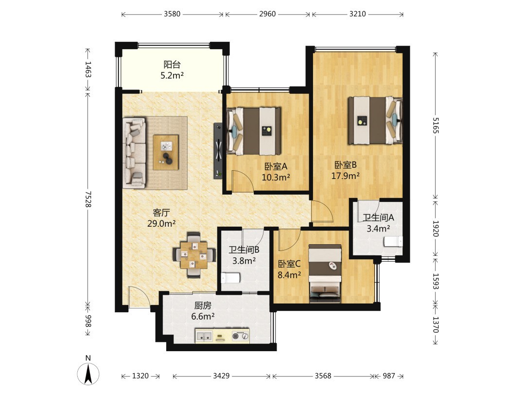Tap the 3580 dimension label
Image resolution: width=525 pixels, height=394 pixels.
click(172, 14)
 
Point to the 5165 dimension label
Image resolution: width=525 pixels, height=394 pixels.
click(435, 125)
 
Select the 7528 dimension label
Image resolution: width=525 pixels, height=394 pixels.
click(87, 199)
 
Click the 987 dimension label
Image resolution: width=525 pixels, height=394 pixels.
click(389, 376)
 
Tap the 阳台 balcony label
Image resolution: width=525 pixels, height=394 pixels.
click(172, 64)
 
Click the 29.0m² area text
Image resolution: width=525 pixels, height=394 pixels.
click(161, 223)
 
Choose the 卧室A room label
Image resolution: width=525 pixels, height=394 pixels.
click(276, 166)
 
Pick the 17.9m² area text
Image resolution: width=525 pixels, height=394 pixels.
click(346, 176)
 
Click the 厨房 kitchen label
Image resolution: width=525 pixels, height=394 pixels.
click(203, 305)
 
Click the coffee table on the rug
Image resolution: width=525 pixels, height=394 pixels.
click(166, 152)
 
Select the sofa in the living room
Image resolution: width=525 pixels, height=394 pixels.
click(134, 151)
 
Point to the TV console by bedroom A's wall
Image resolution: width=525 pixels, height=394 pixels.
click(218, 151)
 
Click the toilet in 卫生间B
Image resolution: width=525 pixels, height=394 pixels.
click(231, 278)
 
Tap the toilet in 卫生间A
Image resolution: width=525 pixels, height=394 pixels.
click(393, 241)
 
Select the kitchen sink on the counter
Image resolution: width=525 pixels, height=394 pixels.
click(204, 336)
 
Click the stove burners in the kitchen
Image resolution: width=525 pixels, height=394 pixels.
click(241, 336)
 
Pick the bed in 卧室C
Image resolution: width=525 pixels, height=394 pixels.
click(325, 273)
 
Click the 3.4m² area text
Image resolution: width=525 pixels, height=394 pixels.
click(378, 229)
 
